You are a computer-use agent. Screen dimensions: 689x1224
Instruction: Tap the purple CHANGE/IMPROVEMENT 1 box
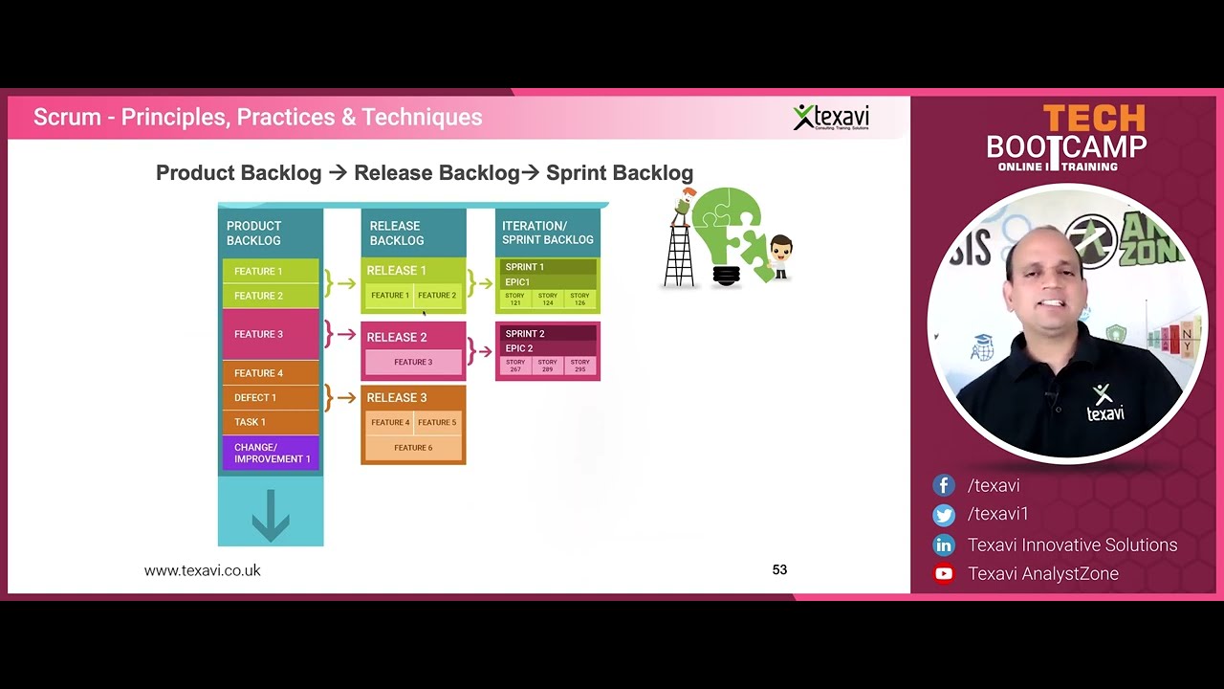(271, 453)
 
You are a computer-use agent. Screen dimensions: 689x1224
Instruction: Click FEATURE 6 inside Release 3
(413, 448)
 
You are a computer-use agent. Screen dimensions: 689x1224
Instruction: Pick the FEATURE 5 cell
(437, 422)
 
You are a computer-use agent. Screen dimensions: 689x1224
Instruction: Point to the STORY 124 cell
(547, 300)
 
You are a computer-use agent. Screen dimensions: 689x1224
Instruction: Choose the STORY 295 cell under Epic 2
(579, 366)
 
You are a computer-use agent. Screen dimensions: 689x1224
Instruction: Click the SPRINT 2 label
(525, 334)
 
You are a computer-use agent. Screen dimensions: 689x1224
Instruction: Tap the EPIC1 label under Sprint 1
(517, 282)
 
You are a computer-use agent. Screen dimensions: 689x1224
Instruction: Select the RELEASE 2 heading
(397, 337)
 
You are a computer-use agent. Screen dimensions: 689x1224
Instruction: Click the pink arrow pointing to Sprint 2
(485, 351)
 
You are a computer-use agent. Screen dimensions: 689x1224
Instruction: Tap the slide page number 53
(779, 570)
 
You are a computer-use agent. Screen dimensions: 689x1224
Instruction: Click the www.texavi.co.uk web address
(202, 570)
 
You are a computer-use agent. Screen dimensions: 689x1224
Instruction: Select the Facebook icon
(944, 486)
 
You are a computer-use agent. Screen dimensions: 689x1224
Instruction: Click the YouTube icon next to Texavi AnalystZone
(944, 574)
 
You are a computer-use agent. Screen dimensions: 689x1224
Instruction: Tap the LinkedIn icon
(944, 545)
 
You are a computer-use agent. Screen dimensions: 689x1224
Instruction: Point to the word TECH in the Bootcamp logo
(1093, 119)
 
